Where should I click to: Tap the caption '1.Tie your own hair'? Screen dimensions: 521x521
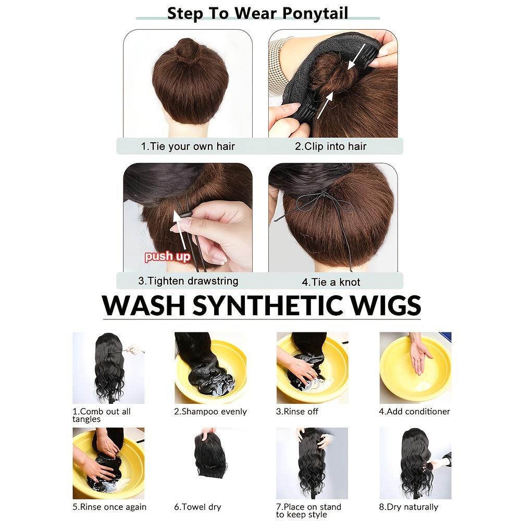tap(188, 146)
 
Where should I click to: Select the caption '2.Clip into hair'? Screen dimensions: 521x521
tap(331, 146)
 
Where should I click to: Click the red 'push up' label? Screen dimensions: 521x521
tap(167, 256)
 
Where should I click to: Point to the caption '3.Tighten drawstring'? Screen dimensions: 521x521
tap(188, 281)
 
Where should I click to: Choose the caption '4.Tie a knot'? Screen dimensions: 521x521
tap(331, 282)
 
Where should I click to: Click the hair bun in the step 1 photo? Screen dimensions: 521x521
tap(188, 50)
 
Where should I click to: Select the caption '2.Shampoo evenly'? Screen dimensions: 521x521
tap(210, 412)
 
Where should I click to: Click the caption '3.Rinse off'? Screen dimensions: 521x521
tap(297, 412)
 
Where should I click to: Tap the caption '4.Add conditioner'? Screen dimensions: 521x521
tap(414, 412)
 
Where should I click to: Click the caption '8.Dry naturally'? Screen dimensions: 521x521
tap(409, 507)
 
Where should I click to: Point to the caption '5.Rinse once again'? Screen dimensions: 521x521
tap(109, 507)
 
